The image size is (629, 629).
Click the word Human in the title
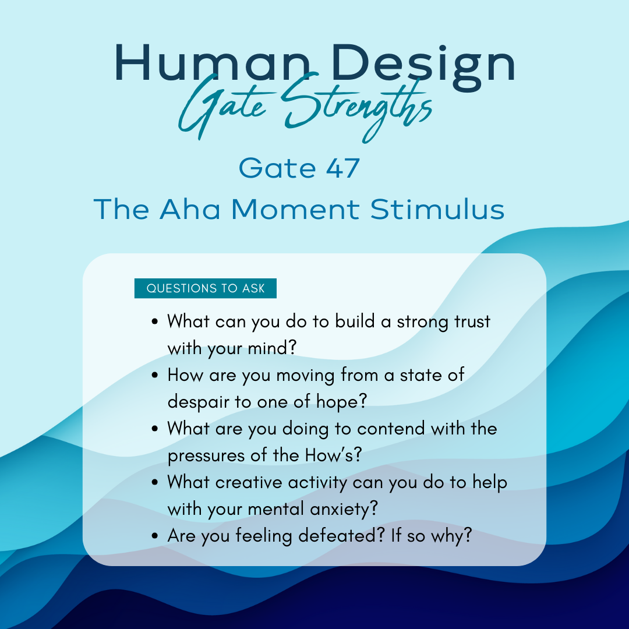coord(212,63)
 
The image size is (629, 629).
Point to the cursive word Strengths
coord(356,108)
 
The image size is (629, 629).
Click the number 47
coord(342,168)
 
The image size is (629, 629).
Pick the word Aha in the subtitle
coord(190,209)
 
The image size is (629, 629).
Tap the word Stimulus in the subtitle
coord(437,209)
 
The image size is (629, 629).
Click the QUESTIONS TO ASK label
coord(206,288)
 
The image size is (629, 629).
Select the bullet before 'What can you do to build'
coord(156,321)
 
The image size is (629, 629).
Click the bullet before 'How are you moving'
coord(156,376)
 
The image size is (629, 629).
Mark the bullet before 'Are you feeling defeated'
coord(156,536)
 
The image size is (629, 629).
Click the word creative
coord(249,482)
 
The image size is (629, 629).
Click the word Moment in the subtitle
coord(295,209)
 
